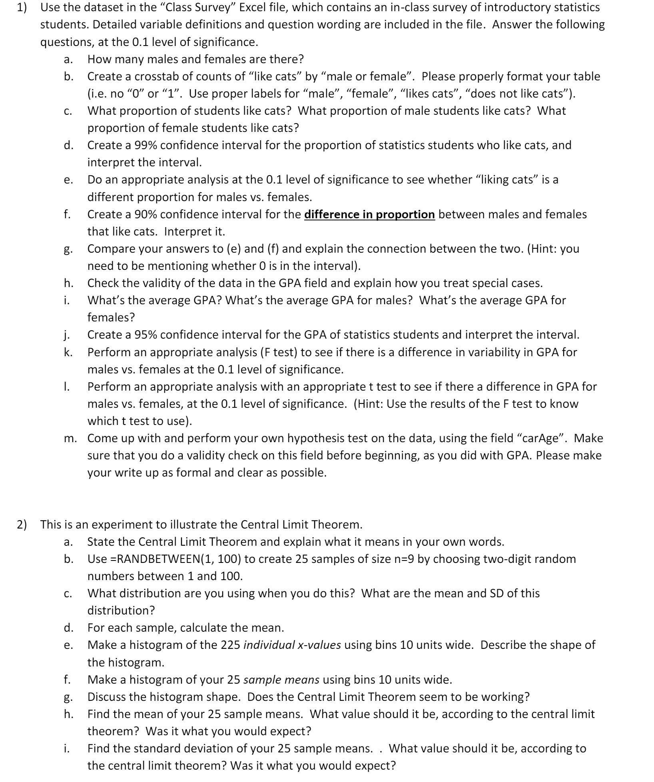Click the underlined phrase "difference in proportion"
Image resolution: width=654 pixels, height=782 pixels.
click(369, 215)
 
